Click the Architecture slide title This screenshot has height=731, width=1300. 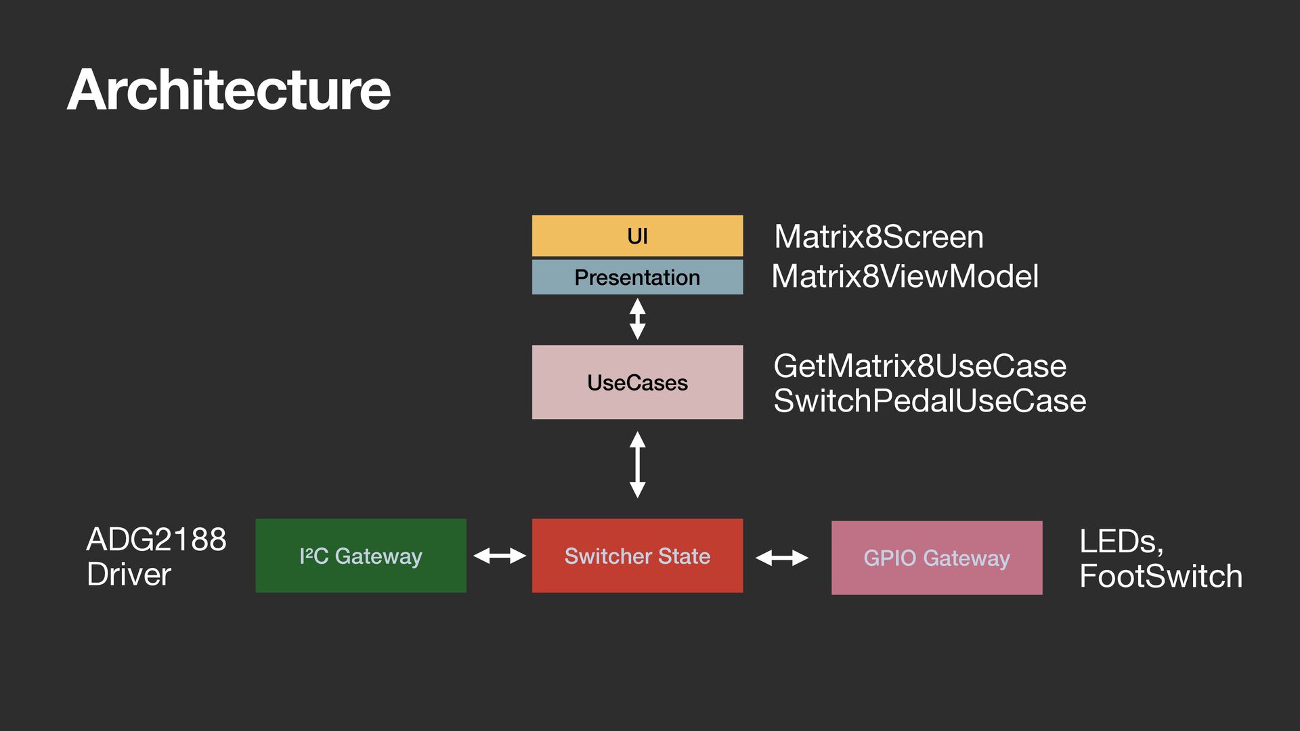pyautogui.click(x=229, y=90)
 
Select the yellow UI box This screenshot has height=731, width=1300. pyautogui.click(x=637, y=236)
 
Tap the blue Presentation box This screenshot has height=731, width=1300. pyautogui.click(x=637, y=277)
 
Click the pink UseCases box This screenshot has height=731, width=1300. pyautogui.click(x=637, y=382)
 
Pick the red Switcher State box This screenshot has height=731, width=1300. pyautogui.click(x=637, y=556)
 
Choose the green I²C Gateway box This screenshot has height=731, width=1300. pyautogui.click(x=361, y=556)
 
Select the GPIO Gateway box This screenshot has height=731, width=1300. pyautogui.click(x=936, y=558)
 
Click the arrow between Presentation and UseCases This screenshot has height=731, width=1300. pyautogui.click(x=637, y=319)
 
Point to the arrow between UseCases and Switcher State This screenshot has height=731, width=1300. pyautogui.click(x=637, y=465)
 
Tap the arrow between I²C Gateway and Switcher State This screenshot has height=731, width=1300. pyautogui.click(x=500, y=556)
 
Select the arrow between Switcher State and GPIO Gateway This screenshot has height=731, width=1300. pyautogui.click(x=782, y=558)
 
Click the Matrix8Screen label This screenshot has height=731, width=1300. pyautogui.click(x=879, y=237)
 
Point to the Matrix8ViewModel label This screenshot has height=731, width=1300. pyautogui.click(x=905, y=276)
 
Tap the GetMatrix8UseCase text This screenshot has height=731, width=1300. pyautogui.click(x=920, y=366)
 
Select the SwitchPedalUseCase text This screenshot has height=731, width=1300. pyautogui.click(x=930, y=401)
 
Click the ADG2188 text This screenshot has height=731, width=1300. pyautogui.click(x=156, y=539)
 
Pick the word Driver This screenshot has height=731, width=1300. pyautogui.click(x=129, y=574)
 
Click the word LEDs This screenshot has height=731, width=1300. pyautogui.click(x=1121, y=542)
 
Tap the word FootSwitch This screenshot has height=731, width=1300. pyautogui.click(x=1161, y=576)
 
